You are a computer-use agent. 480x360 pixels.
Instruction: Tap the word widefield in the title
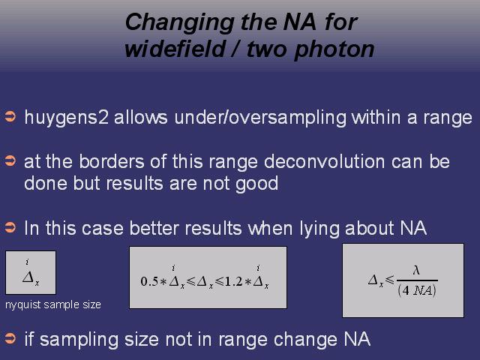(x=175, y=49)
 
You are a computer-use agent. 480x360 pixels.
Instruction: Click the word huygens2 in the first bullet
(x=67, y=118)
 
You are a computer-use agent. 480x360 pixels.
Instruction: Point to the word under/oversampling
(x=260, y=118)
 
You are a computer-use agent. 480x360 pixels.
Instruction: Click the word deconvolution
(x=324, y=161)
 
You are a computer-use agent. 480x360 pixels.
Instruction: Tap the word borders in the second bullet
(x=112, y=161)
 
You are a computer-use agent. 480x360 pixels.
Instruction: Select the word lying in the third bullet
(x=319, y=229)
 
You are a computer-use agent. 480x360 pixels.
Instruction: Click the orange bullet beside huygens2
(x=10, y=118)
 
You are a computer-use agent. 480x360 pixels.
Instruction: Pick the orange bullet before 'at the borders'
(x=10, y=161)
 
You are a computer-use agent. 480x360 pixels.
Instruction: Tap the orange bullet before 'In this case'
(x=10, y=227)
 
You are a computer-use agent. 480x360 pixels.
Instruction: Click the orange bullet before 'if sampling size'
(x=10, y=338)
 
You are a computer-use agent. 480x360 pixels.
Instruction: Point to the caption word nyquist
(x=23, y=305)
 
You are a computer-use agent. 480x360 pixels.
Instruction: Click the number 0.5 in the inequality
(x=149, y=281)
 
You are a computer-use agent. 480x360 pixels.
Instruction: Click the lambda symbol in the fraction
(x=416, y=270)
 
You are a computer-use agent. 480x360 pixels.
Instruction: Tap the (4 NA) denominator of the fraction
(x=417, y=290)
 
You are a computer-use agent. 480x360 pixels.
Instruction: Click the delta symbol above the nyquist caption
(x=28, y=277)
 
